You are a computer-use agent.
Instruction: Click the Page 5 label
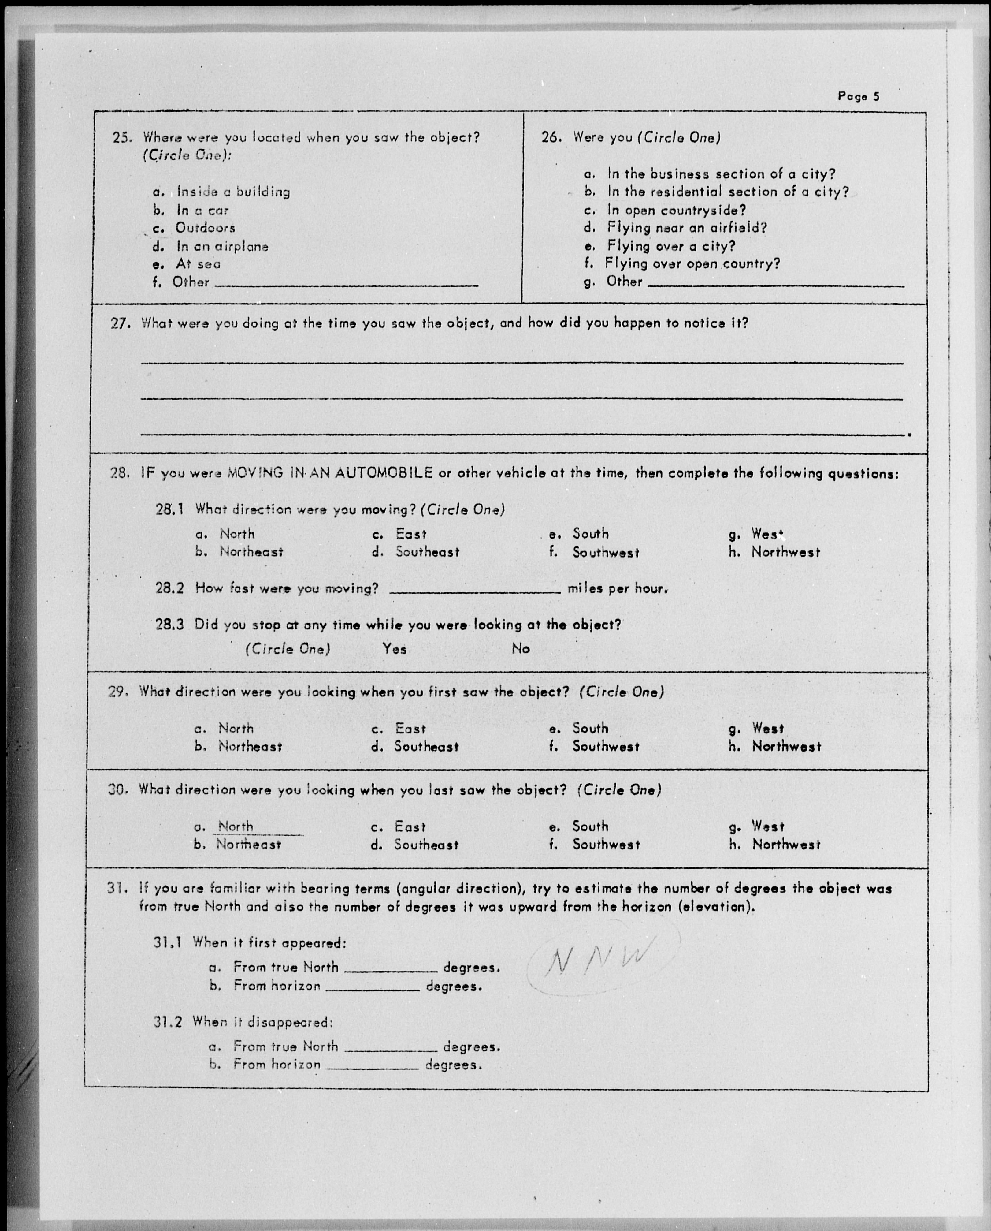pyautogui.click(x=858, y=96)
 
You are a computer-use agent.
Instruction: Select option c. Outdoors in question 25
pyautogui.click(x=204, y=228)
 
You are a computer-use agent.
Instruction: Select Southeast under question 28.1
pyautogui.click(x=427, y=552)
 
